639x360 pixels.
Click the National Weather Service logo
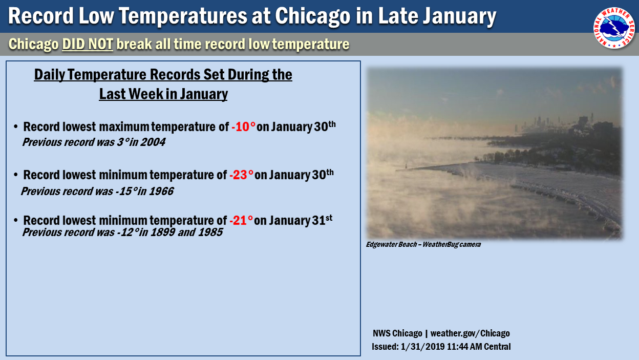point(614,28)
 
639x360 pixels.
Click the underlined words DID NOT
point(88,44)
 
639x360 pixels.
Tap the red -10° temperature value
point(243,127)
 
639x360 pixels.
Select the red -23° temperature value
point(241,175)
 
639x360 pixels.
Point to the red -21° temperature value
point(241,221)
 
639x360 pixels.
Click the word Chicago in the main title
point(313,16)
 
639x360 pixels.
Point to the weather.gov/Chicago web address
point(470,333)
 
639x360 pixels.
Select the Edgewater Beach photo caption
point(423,244)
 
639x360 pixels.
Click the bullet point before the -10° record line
point(16,126)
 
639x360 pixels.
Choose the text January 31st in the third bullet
point(301,220)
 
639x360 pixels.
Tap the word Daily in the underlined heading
point(50,75)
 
